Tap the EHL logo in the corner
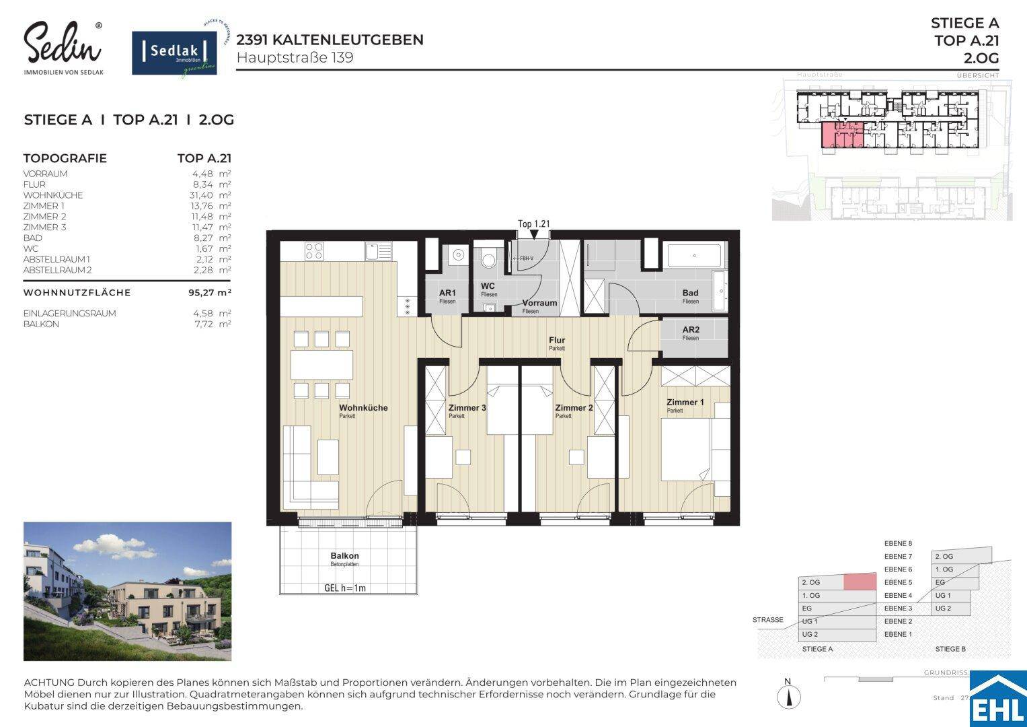pos(1003,700)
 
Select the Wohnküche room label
pos(363,408)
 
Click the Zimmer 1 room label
pos(685,403)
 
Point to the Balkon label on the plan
pos(344,556)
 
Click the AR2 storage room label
pos(690,330)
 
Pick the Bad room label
pos(690,293)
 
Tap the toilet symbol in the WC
pos(488,257)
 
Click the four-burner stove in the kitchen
pos(313,251)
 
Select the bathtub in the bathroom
pos(693,256)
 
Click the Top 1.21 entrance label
pos(534,223)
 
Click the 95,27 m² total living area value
pos(210,293)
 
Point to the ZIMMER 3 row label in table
pos(44,228)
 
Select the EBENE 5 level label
pos(898,582)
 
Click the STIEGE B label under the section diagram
pos(950,649)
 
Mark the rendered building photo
pos(127,591)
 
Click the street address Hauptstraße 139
pos(295,58)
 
